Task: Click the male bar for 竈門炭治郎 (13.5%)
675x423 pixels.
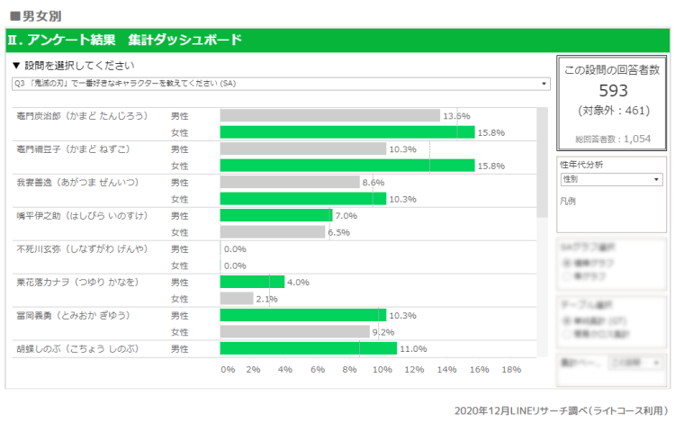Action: pos(329,115)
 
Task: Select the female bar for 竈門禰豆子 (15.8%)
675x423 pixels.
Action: pos(346,166)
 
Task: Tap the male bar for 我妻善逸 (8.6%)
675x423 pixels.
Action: pos(290,182)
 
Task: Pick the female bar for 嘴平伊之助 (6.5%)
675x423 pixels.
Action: pos(272,232)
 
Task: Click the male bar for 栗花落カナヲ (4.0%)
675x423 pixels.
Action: pos(252,282)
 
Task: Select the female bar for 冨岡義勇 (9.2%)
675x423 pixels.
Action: pos(293,331)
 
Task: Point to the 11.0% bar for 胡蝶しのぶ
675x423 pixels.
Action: pos(308,348)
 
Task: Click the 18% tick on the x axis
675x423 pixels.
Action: pos(511,369)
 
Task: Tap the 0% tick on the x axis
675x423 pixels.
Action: pos(228,369)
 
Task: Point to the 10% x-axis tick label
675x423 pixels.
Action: pos(382,369)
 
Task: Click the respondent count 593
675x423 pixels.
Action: pos(612,91)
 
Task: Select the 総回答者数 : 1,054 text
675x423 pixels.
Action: pos(612,139)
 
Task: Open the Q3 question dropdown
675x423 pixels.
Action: pos(281,84)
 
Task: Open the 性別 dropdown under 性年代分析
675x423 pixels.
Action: pos(610,179)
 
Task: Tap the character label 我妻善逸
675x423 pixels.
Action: pos(77,182)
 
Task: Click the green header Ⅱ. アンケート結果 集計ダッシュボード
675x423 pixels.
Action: pos(125,40)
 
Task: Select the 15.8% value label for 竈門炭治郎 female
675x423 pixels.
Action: pos(490,132)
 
